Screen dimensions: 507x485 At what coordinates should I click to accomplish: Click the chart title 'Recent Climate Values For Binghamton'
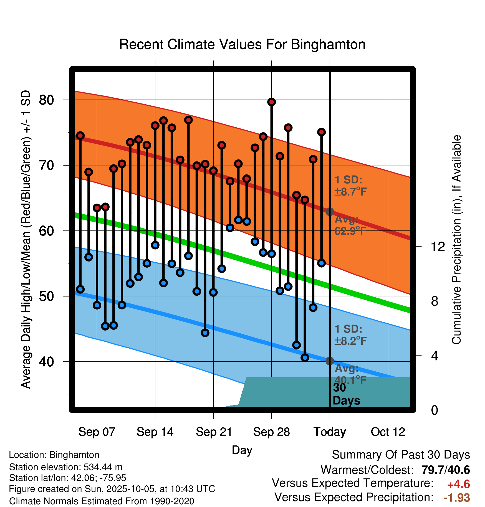click(242, 45)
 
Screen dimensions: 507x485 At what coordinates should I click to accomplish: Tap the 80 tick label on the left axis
click(46, 100)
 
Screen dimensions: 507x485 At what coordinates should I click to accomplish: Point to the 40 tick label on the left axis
click(46, 362)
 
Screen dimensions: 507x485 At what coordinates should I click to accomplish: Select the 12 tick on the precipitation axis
click(438, 247)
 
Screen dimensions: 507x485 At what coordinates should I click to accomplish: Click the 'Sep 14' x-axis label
click(155, 432)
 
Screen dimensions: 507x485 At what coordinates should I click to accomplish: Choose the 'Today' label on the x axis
click(330, 432)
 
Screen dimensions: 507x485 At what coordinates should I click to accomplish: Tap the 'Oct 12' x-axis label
click(388, 432)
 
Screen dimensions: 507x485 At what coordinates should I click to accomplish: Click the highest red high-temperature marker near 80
click(272, 102)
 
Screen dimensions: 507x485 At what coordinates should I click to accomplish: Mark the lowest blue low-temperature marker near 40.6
click(305, 358)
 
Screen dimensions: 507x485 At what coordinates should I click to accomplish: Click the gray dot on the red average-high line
click(330, 212)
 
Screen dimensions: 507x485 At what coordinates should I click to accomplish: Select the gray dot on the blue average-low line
click(330, 361)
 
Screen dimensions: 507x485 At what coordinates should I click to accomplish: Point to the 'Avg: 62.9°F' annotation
click(350, 225)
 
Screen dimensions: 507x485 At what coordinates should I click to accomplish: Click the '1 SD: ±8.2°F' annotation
click(350, 335)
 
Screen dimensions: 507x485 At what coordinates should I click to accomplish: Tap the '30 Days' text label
click(346, 394)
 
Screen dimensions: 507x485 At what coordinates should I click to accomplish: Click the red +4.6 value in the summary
click(458, 484)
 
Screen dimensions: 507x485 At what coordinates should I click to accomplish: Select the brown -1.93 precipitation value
click(457, 498)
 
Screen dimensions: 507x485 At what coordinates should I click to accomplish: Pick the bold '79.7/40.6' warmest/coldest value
click(446, 470)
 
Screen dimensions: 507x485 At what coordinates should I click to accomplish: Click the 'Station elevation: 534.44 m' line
click(66, 467)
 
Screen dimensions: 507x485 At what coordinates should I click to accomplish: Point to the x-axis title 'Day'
click(242, 450)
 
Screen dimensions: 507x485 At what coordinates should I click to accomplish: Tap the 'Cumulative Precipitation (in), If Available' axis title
click(456, 240)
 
